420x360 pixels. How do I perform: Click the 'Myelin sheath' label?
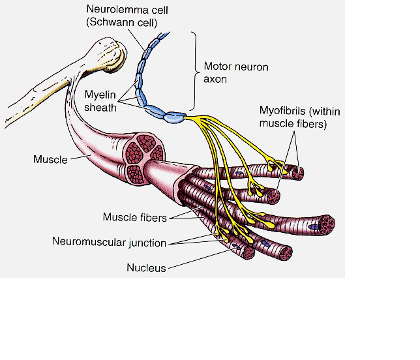click(x=99, y=102)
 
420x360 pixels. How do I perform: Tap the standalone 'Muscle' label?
click(x=50, y=158)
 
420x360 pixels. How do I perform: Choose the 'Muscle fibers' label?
click(x=134, y=217)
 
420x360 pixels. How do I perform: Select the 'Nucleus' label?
click(x=146, y=267)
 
